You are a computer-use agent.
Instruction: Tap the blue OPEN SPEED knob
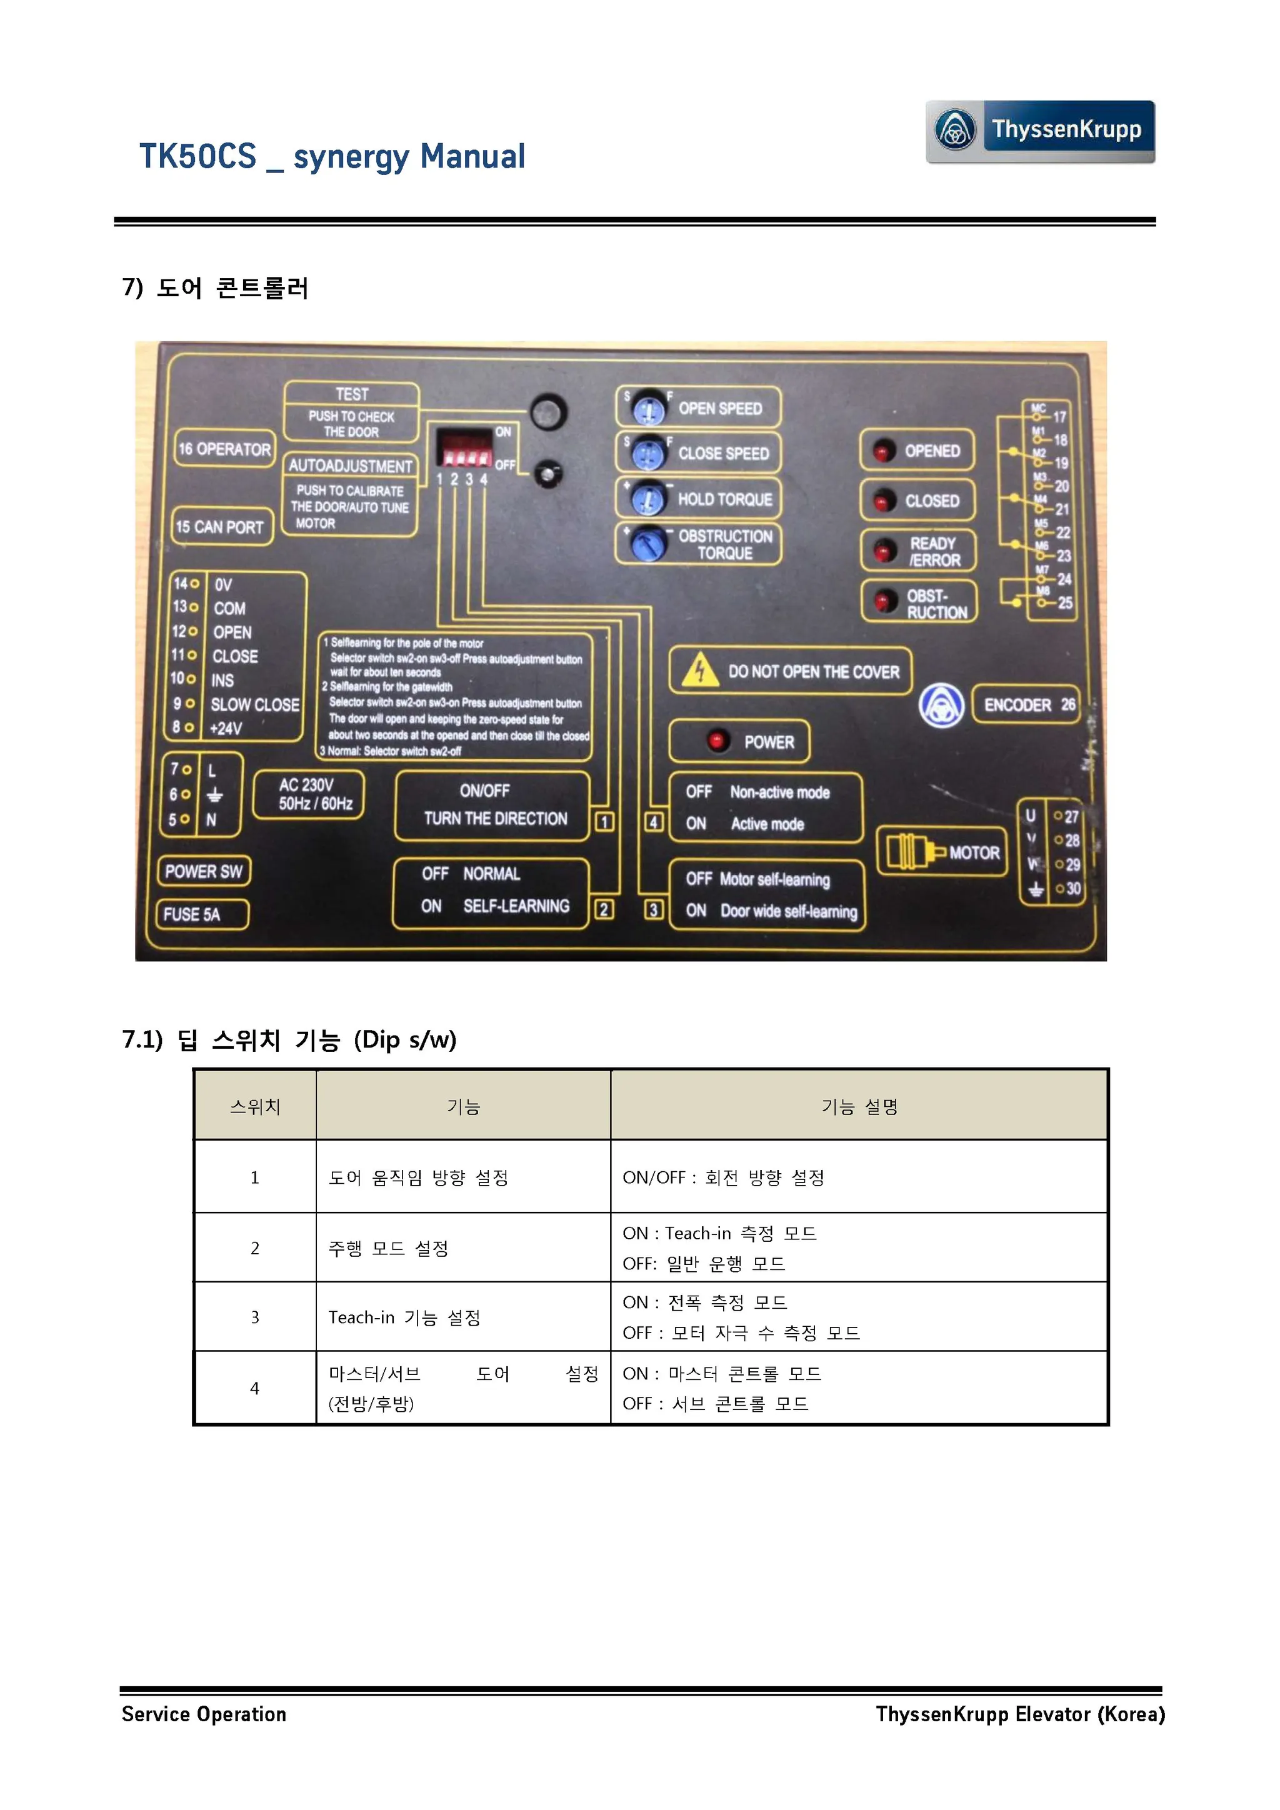tap(649, 408)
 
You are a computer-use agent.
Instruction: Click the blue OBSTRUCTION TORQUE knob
tap(647, 543)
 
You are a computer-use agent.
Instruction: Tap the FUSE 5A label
tap(202, 914)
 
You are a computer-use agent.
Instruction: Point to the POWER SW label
tap(203, 871)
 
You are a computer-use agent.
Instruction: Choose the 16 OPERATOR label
tap(224, 449)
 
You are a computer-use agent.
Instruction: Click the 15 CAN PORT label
tap(221, 527)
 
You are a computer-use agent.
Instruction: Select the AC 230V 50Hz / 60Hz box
tap(308, 794)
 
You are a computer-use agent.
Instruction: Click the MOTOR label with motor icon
tap(942, 851)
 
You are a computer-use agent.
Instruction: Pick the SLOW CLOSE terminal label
tap(254, 704)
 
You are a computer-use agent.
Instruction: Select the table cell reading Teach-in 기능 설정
tap(404, 1317)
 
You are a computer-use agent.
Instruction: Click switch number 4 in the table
tap(254, 1388)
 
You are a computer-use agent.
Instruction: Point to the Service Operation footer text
tap(203, 1714)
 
